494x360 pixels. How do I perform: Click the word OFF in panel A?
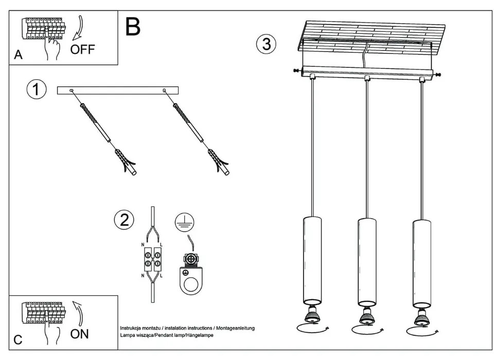tap(82, 50)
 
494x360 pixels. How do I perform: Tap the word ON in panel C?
tap(79, 334)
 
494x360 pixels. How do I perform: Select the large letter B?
tap(133, 26)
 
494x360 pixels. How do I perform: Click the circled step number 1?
tap(36, 89)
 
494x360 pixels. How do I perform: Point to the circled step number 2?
tap(123, 220)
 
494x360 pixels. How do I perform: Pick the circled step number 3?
tap(266, 44)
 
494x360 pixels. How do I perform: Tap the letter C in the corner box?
tap(18, 340)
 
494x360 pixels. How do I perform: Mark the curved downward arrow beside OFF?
tap(79, 29)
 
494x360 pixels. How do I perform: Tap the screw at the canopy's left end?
tap(296, 71)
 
